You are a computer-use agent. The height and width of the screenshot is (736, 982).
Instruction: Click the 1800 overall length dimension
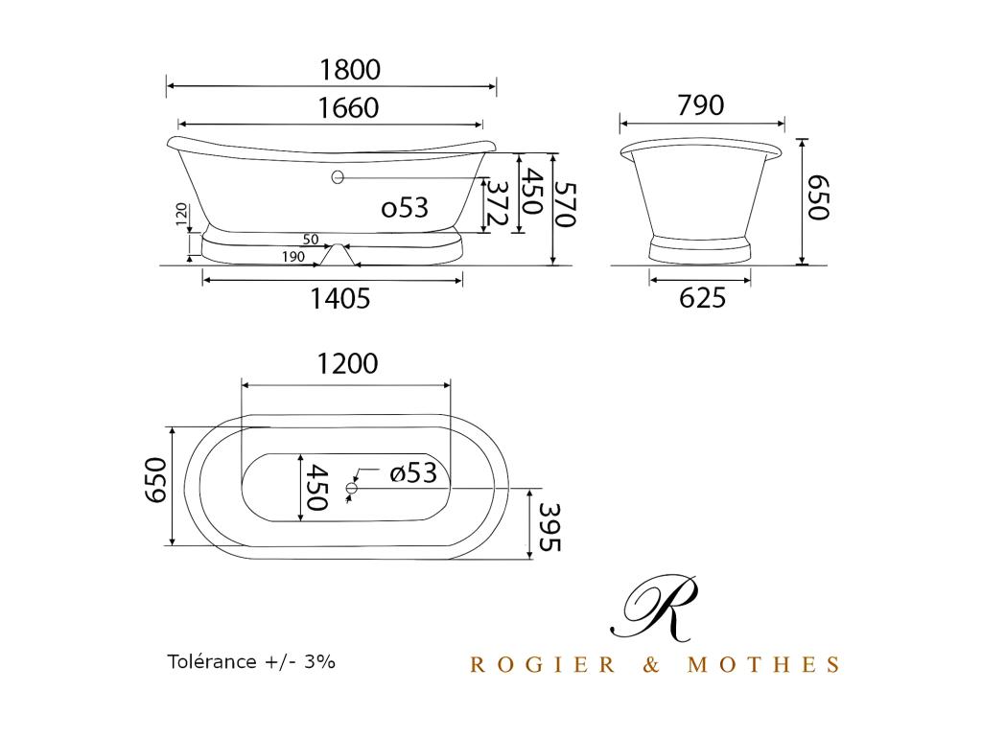coord(350,69)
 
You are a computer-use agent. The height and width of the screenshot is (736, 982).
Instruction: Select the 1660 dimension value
coord(349,108)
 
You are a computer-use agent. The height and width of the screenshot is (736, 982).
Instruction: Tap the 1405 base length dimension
coord(340,299)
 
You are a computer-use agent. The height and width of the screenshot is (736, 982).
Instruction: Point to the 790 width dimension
coord(701,105)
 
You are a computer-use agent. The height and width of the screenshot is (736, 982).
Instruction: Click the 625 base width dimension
coord(703,298)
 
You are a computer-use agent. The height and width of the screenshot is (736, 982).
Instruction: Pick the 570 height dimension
coord(566,204)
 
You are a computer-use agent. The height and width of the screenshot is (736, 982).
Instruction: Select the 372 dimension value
coord(497,203)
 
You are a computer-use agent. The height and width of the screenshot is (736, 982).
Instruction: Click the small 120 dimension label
coord(181,214)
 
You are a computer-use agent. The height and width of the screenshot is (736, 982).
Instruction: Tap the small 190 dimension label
coord(293,257)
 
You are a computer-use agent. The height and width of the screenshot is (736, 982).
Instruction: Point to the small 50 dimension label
coord(311,239)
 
